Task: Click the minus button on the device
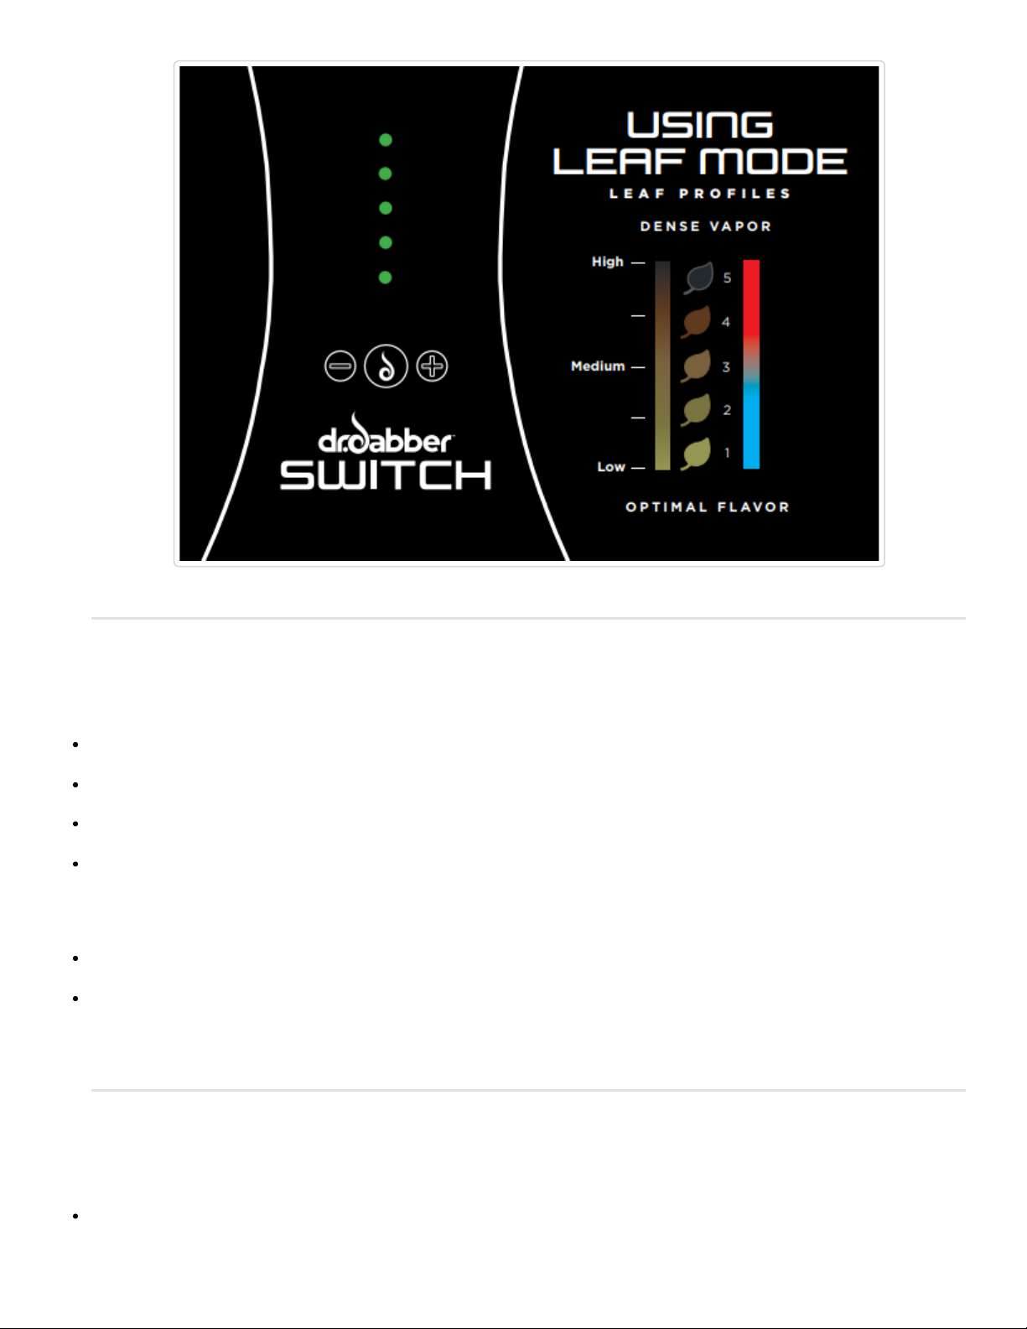click(340, 366)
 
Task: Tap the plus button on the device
click(433, 366)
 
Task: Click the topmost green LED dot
click(386, 140)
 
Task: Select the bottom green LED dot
click(386, 278)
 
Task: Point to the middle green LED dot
click(386, 208)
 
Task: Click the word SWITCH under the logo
click(386, 475)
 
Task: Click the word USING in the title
click(700, 126)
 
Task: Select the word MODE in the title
click(773, 162)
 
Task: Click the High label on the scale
click(608, 262)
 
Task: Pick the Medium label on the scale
click(598, 366)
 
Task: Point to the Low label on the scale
click(611, 467)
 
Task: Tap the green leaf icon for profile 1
click(697, 454)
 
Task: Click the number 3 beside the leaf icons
click(726, 367)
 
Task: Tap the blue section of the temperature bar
click(751, 428)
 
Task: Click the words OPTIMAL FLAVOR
click(708, 507)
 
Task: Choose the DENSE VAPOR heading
click(706, 226)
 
